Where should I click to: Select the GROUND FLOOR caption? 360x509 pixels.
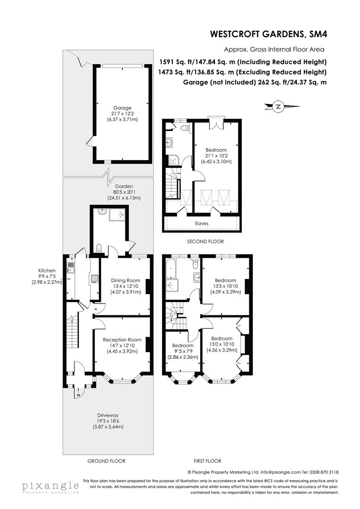[106, 461]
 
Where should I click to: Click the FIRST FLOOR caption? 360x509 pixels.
[207, 461]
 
